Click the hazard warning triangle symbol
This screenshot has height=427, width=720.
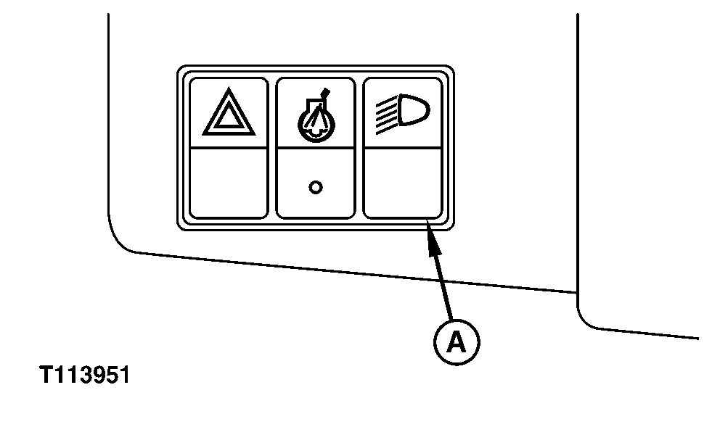coord(229,112)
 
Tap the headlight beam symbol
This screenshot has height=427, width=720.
coord(403,115)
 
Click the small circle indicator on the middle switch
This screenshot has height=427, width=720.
coord(316,187)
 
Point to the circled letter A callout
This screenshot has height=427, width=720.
coord(457,342)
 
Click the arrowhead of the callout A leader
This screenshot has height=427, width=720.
coord(433,238)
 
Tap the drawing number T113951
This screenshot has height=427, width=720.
coord(85,375)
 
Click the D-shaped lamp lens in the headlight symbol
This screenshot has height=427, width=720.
coord(414,109)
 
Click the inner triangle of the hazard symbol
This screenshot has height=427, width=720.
coord(229,117)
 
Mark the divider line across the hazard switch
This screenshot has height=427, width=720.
coord(229,148)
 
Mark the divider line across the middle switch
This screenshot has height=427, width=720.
coord(316,148)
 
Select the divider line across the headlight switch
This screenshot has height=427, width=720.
coord(403,148)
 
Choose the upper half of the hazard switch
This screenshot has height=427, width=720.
coord(229,113)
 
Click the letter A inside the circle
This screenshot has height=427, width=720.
coord(457,343)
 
